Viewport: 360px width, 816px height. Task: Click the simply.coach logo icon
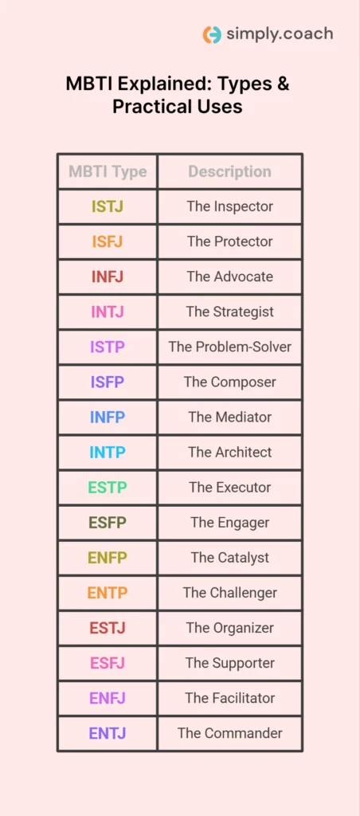(x=212, y=34)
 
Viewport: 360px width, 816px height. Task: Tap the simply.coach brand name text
(x=279, y=34)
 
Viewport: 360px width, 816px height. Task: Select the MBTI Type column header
(x=108, y=171)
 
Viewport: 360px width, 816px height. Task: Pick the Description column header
(x=229, y=171)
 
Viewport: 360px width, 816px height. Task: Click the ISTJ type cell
(x=108, y=206)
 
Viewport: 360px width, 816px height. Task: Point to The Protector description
(x=229, y=241)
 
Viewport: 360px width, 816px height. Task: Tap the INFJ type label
(x=108, y=277)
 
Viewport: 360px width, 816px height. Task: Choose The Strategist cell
(x=229, y=312)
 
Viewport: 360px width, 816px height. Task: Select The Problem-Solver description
(x=229, y=347)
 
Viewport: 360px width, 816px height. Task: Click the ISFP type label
(x=108, y=382)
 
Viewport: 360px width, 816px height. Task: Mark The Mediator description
(x=229, y=417)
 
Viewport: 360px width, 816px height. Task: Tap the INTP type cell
(x=108, y=452)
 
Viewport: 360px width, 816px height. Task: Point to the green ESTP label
(x=108, y=487)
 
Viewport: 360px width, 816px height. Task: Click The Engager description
(x=229, y=523)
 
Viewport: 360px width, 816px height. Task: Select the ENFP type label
(x=108, y=558)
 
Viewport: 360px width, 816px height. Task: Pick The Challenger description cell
(x=229, y=593)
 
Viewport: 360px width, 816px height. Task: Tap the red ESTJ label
(x=108, y=628)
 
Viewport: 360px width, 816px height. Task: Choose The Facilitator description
(x=229, y=698)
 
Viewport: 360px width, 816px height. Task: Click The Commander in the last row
(x=229, y=733)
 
